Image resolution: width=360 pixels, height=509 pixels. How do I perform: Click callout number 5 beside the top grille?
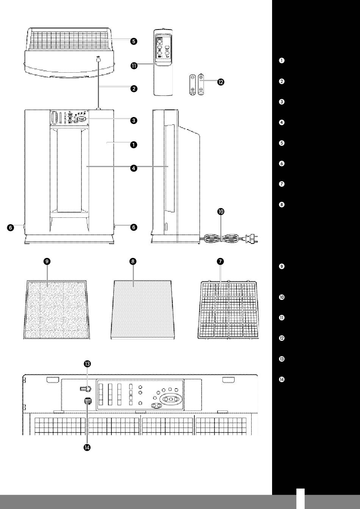(x=134, y=41)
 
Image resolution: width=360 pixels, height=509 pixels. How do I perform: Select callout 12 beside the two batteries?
(x=221, y=82)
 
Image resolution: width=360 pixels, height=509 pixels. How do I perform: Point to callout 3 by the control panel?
(x=134, y=120)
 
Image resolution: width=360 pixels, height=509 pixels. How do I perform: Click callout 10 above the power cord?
(x=221, y=212)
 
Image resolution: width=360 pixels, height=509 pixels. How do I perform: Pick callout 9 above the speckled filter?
(x=47, y=261)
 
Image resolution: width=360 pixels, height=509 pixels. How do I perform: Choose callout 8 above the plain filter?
(x=133, y=261)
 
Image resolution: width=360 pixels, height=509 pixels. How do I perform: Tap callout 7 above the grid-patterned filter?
(x=221, y=261)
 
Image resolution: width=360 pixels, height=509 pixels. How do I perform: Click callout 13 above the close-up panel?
(x=87, y=364)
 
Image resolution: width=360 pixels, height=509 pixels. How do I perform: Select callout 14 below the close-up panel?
(x=87, y=447)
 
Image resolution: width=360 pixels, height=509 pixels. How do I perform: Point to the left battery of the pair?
(x=193, y=84)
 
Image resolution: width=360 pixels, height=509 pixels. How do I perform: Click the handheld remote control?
(x=163, y=62)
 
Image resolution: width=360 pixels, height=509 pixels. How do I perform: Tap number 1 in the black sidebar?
(x=282, y=61)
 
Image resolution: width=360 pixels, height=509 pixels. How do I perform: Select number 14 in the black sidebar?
(x=282, y=379)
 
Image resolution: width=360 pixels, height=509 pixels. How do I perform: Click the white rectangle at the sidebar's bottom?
(x=301, y=499)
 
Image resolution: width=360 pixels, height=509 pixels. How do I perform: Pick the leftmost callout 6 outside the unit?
(x=11, y=228)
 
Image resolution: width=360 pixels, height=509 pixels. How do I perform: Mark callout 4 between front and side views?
(x=134, y=168)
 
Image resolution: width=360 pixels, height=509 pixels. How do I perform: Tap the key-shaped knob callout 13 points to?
(x=86, y=389)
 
